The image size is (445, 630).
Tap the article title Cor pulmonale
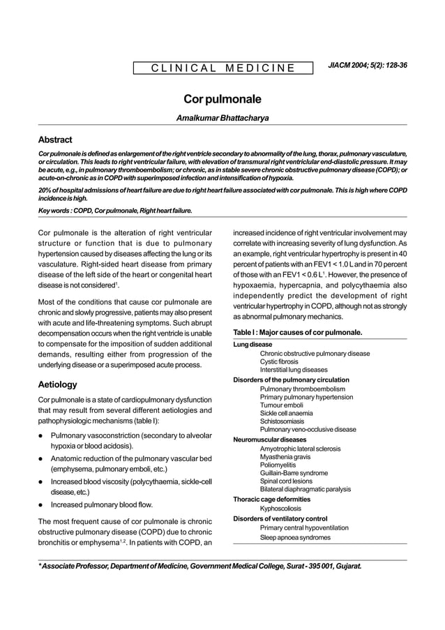pyautogui.click(x=222, y=100)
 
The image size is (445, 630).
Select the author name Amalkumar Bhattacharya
pyautogui.click(x=222, y=119)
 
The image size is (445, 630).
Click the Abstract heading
pyautogui.click(x=55, y=140)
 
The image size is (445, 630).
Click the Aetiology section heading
pyautogui.click(x=58, y=384)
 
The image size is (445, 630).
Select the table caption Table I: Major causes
pyautogui.click(x=297, y=332)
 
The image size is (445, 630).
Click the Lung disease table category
pyautogui.click(x=252, y=345)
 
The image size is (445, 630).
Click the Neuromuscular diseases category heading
pyautogui.click(x=269, y=440)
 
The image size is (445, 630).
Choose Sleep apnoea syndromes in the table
pyautogui.click(x=294, y=537)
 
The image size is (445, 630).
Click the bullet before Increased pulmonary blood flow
pyautogui.click(x=43, y=504)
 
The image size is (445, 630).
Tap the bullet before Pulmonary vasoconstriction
pyautogui.click(x=43, y=435)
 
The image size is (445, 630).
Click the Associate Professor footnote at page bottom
pyautogui.click(x=199, y=567)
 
